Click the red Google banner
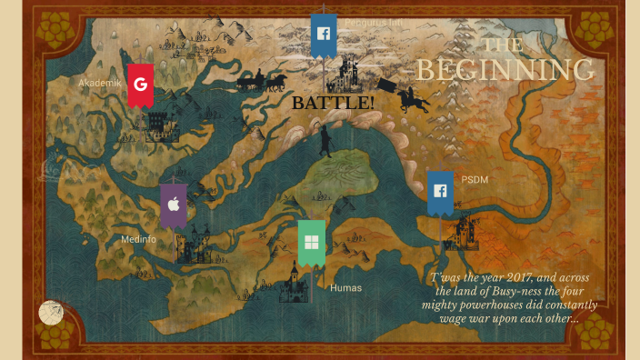[x=140, y=85]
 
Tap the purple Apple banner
[x=174, y=205]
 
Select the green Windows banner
[x=311, y=242]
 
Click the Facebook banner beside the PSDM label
[x=440, y=192]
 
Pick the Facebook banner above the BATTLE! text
[x=323, y=35]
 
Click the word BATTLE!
[x=333, y=103]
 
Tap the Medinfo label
[x=138, y=239]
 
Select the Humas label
[x=345, y=288]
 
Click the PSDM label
[x=475, y=179]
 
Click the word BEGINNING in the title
[x=505, y=71]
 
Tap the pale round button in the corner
[x=51, y=313]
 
